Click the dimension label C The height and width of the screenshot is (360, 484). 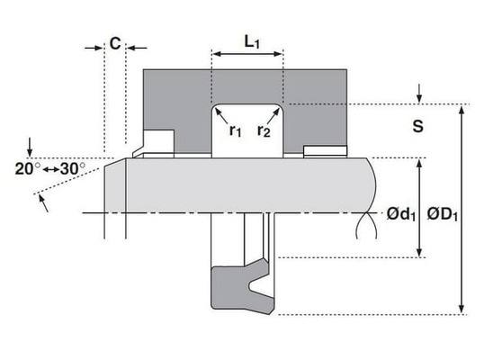point(115,43)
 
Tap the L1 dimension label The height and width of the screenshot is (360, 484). point(252,42)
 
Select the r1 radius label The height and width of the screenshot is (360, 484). point(235,130)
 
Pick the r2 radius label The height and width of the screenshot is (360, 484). point(264,130)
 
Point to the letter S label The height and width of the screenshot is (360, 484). point(418,126)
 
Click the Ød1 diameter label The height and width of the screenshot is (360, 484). point(401,214)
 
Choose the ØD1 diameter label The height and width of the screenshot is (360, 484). point(443,214)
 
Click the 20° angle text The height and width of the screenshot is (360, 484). point(28,169)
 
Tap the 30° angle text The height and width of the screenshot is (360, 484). point(73,169)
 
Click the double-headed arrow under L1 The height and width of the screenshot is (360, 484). point(247,54)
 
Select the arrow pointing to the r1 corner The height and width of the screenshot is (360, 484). point(221,115)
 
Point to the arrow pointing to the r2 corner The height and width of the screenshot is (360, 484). point(273,115)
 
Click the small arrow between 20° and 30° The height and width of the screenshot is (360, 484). point(50,169)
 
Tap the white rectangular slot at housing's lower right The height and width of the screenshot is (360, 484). point(326,150)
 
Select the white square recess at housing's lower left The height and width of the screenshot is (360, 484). point(158,141)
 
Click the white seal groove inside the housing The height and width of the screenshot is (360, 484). point(247,131)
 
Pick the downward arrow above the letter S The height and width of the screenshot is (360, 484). point(419,93)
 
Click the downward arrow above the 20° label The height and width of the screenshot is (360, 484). point(30,148)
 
